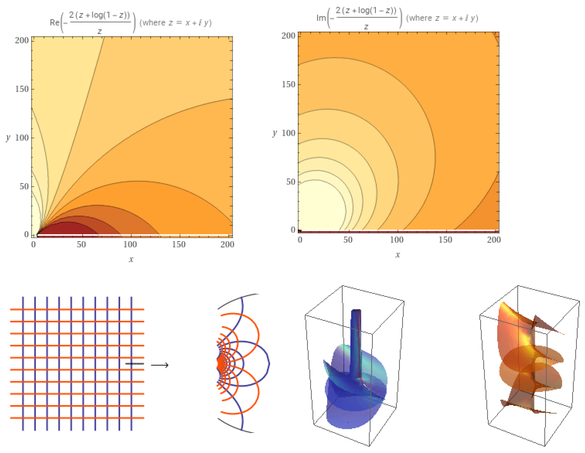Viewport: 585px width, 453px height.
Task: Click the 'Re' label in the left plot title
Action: click(x=54, y=23)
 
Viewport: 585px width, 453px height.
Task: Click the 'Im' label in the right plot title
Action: click(x=321, y=18)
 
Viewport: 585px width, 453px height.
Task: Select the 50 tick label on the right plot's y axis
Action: click(x=291, y=182)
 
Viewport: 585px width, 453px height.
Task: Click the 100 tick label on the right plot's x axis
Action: click(x=397, y=240)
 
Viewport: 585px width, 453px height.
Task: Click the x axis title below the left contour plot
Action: click(x=131, y=259)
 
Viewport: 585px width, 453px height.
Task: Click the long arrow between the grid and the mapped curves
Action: click(x=160, y=365)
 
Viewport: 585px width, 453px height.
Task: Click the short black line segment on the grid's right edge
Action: click(x=135, y=364)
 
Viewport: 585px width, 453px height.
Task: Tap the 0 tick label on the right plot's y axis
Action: click(x=293, y=230)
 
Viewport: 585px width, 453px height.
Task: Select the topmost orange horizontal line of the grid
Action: click(x=77, y=309)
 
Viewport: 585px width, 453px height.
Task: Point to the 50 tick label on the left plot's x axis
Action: click(x=81, y=244)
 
